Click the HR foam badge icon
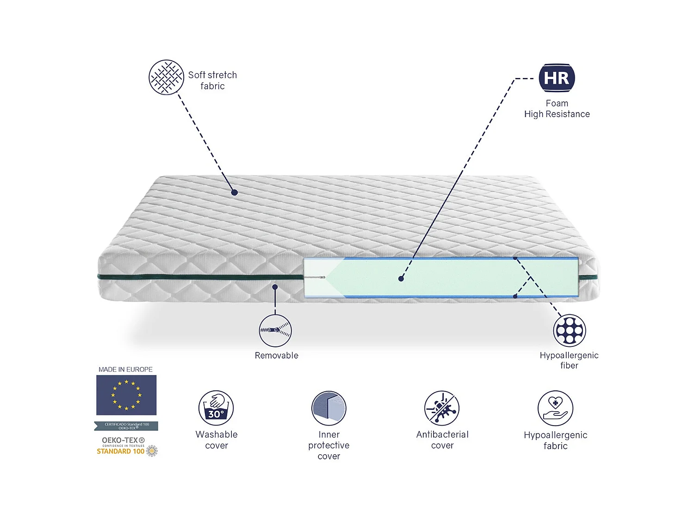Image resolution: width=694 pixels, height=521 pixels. pyautogui.click(x=557, y=78)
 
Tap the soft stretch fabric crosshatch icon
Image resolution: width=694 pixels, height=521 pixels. pyautogui.click(x=166, y=77)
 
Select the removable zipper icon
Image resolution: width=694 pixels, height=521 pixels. pyautogui.click(x=275, y=330)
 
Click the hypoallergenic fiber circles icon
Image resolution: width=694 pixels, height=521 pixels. pyautogui.click(x=570, y=331)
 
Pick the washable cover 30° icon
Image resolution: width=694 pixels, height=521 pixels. pyautogui.click(x=216, y=408)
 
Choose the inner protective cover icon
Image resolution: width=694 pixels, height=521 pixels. pyautogui.click(x=329, y=408)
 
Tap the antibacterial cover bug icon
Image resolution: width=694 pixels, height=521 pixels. pyautogui.click(x=442, y=408)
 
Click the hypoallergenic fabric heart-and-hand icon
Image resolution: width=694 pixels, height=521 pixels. pyautogui.click(x=555, y=408)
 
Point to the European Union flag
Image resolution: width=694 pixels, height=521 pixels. pyautogui.click(x=126, y=395)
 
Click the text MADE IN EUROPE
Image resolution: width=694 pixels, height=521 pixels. pyautogui.click(x=125, y=370)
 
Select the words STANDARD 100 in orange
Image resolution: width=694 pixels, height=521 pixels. pyautogui.click(x=120, y=452)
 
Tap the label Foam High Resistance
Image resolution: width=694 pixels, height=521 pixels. pyautogui.click(x=557, y=109)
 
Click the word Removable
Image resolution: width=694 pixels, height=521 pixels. pyautogui.click(x=276, y=356)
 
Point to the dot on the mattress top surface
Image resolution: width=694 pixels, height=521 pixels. pyautogui.click(x=235, y=192)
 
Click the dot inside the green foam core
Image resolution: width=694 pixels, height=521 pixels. pyautogui.click(x=401, y=279)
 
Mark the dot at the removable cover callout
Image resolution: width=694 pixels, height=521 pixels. pyautogui.click(x=275, y=287)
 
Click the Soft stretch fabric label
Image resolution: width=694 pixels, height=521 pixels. pyautogui.click(x=212, y=81)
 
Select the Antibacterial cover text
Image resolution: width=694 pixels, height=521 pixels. pyautogui.click(x=442, y=440)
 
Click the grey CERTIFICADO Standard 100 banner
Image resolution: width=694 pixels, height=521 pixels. pyautogui.click(x=126, y=426)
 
